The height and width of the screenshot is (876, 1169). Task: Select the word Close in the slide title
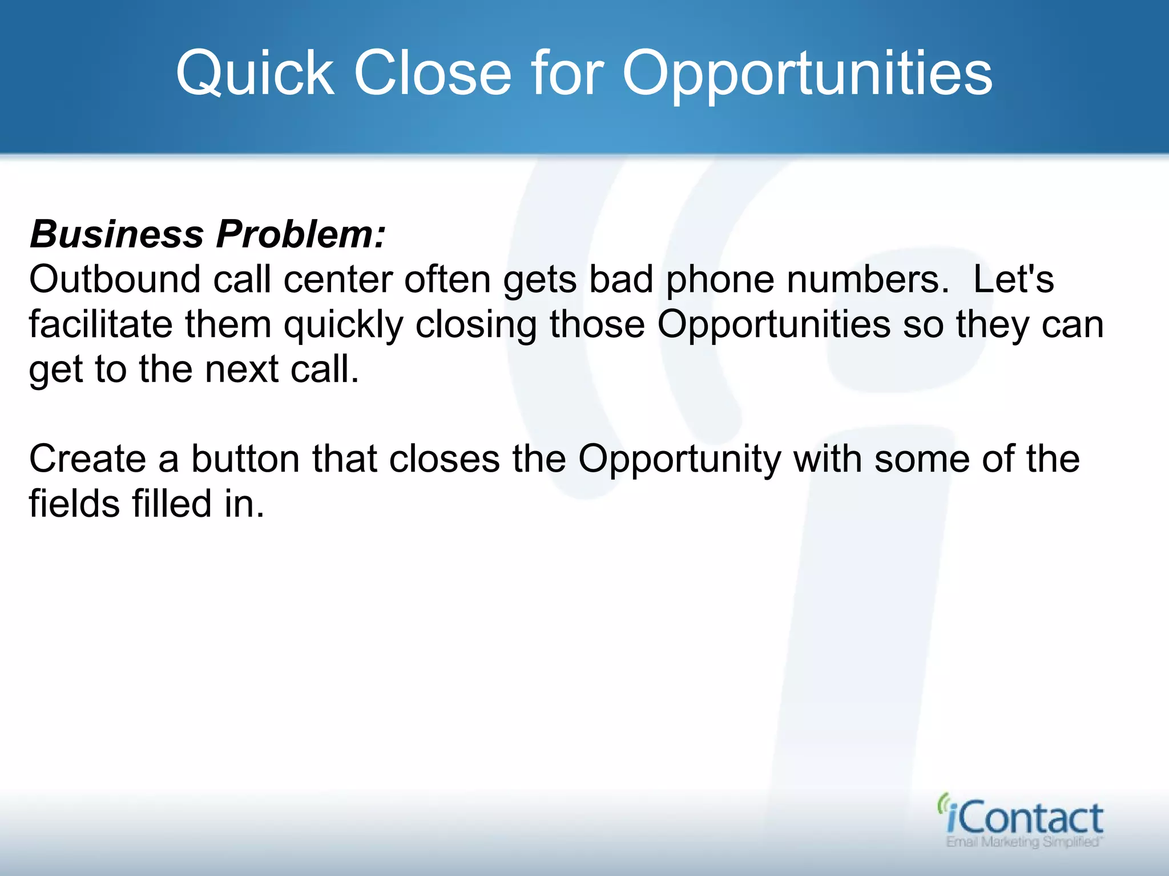[433, 73]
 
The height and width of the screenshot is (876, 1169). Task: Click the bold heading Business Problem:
[208, 234]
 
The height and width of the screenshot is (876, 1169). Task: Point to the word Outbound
[115, 279]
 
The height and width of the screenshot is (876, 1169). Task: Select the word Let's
[1013, 279]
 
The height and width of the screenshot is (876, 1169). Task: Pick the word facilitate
[100, 325]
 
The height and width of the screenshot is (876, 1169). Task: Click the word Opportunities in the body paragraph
[773, 325]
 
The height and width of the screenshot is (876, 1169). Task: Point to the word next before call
[242, 369]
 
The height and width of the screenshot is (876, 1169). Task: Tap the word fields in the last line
[74, 504]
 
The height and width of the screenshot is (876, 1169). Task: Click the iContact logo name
[1025, 818]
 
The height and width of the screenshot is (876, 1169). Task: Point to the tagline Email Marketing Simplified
[1023, 842]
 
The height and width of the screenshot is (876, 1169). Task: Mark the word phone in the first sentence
[719, 279]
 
